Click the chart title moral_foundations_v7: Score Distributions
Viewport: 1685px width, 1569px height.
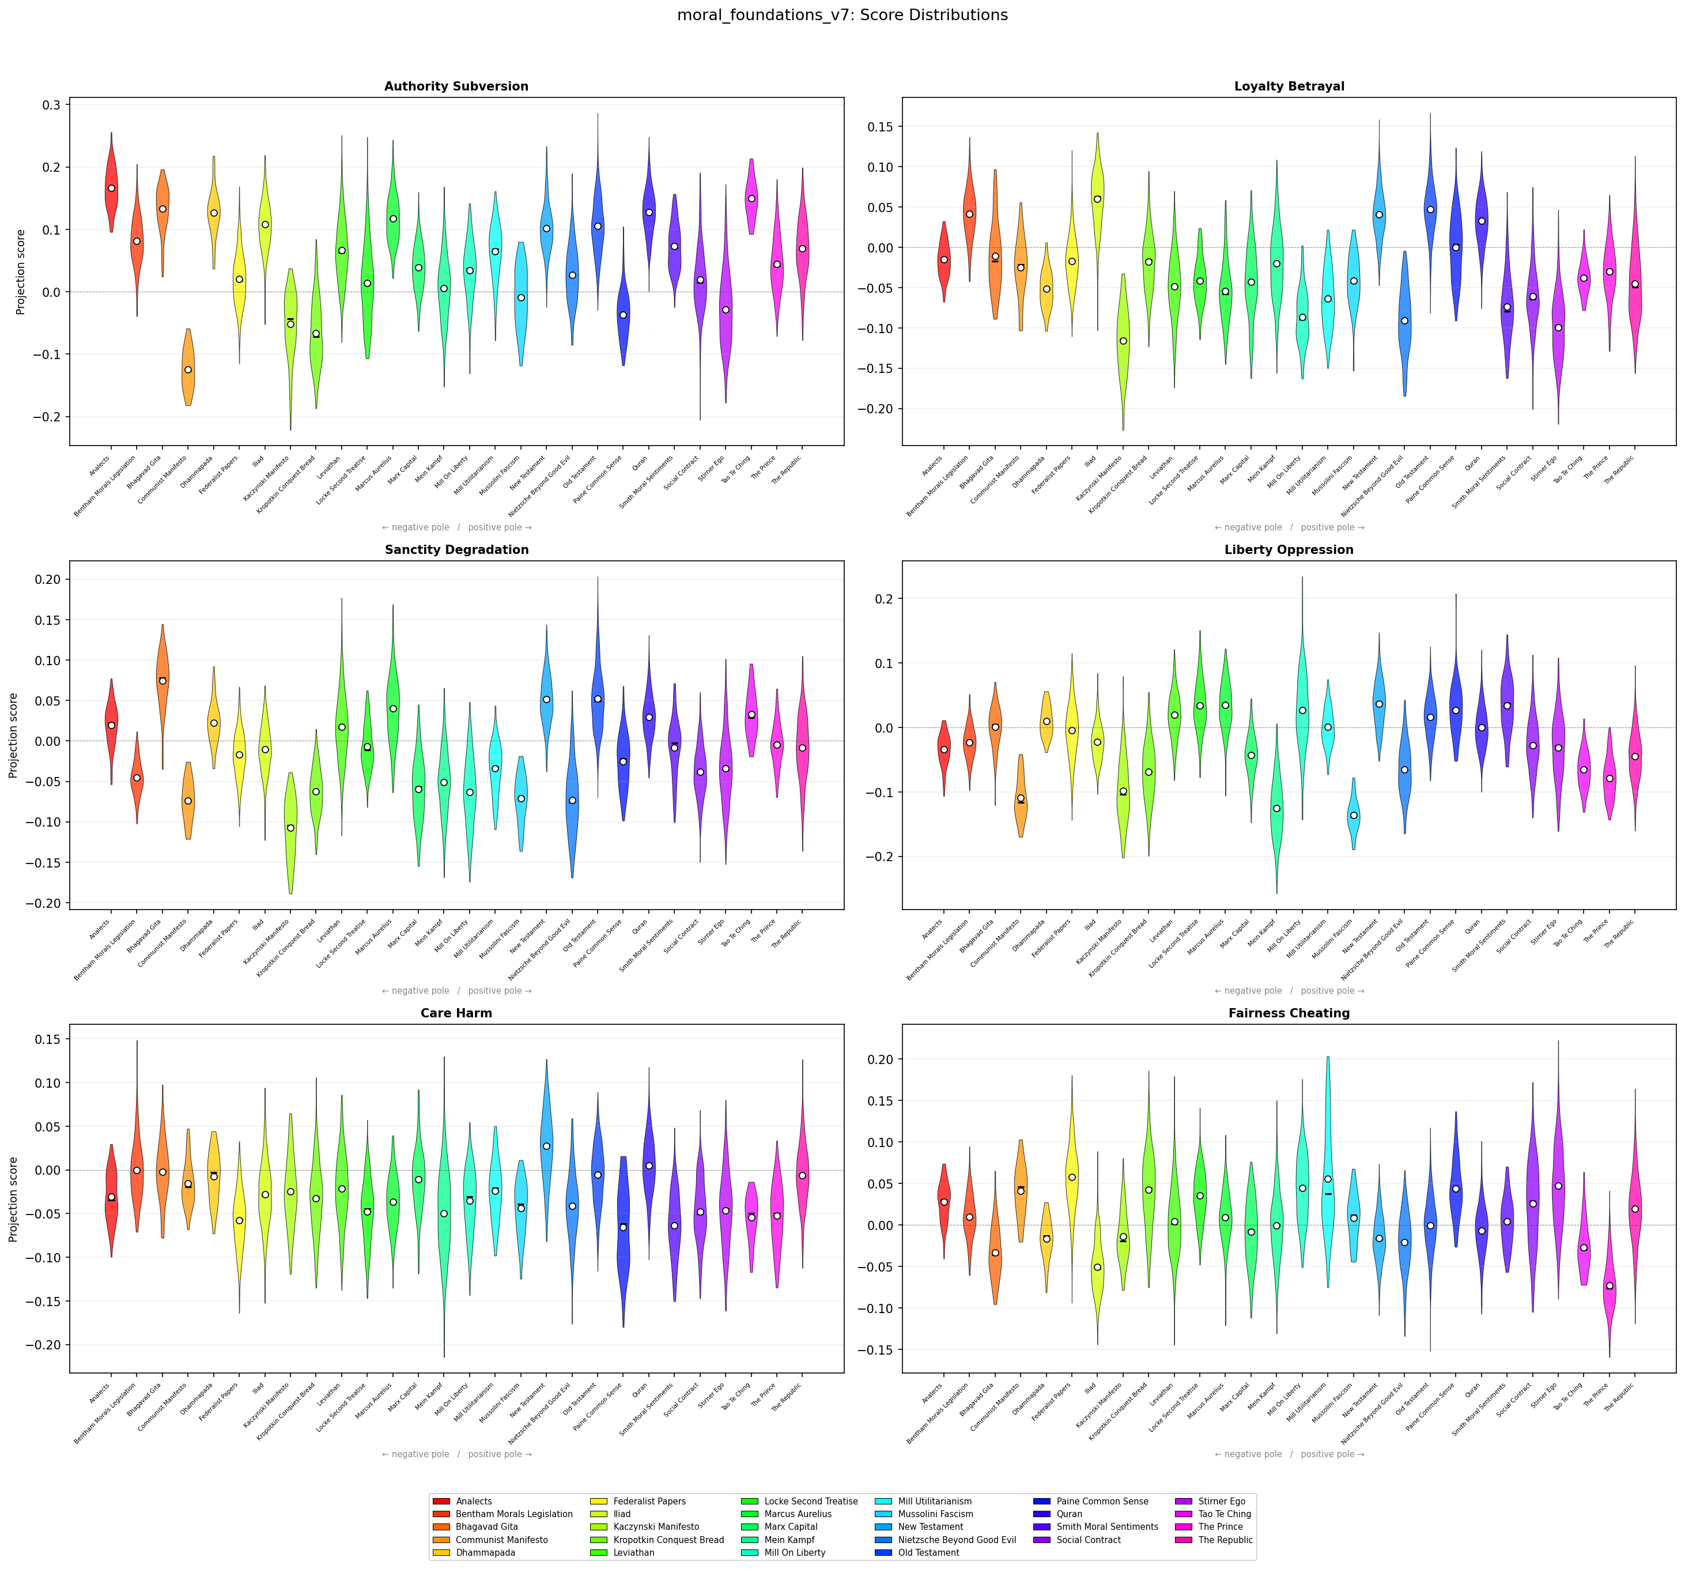click(x=842, y=15)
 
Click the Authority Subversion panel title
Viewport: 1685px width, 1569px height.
click(x=456, y=86)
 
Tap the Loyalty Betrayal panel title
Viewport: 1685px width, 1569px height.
click(x=1289, y=86)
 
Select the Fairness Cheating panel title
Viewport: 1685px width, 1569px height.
click(x=1289, y=1013)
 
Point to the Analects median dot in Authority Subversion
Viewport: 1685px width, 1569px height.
click(x=111, y=188)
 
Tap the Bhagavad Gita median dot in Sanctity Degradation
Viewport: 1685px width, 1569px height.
click(x=163, y=681)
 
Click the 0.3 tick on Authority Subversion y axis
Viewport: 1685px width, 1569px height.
click(x=52, y=105)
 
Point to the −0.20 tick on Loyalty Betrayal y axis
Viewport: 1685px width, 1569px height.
click(x=875, y=409)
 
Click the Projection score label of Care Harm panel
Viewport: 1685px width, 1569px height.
click(x=14, y=1200)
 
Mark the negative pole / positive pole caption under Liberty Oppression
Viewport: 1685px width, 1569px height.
click(x=1289, y=991)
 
